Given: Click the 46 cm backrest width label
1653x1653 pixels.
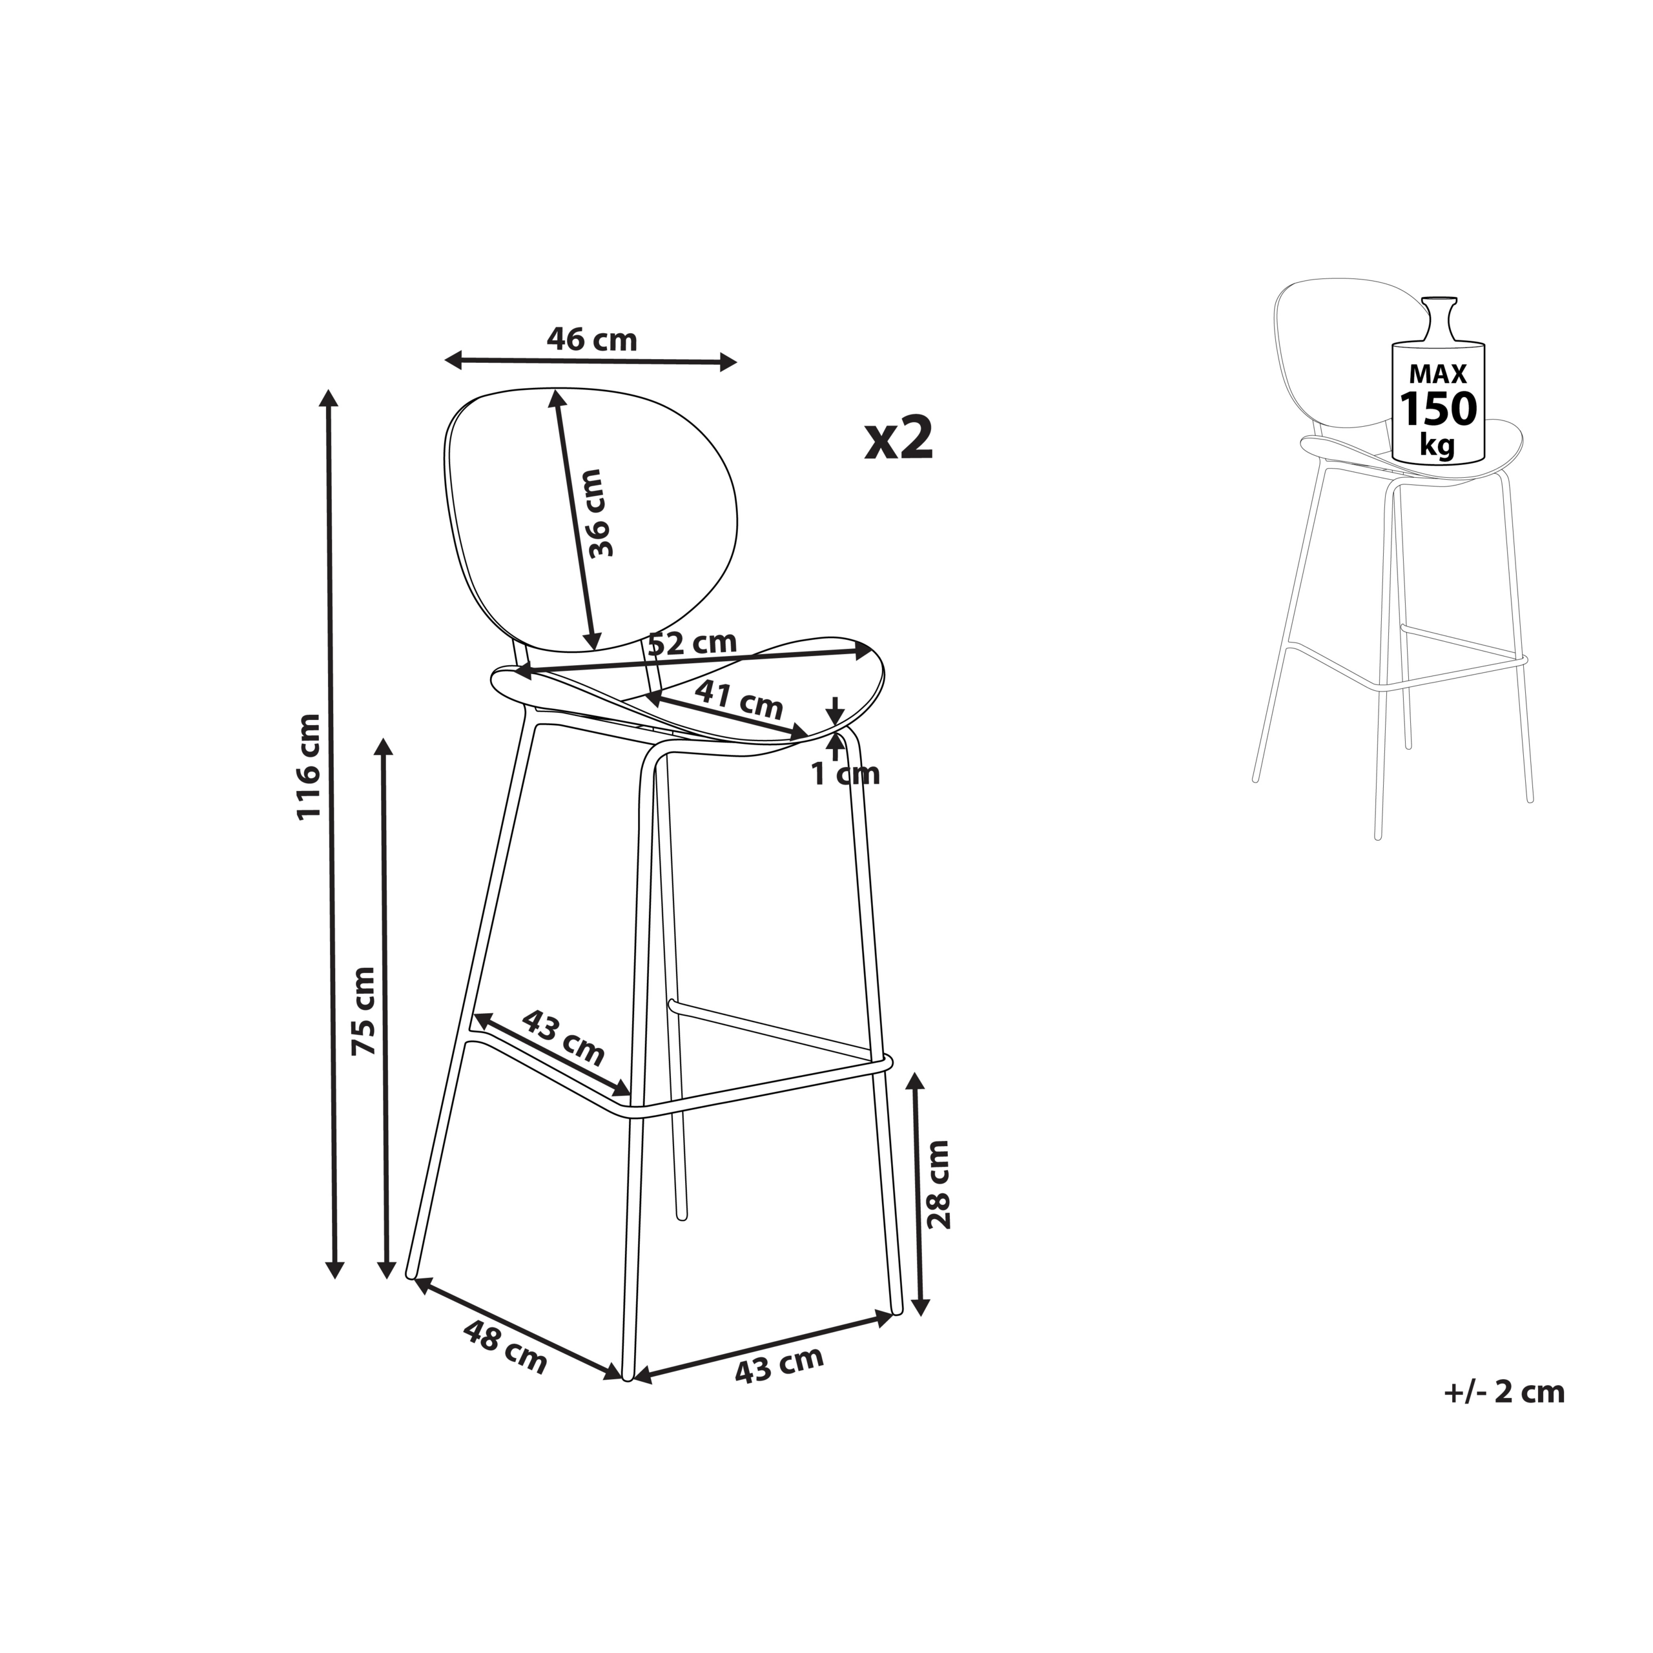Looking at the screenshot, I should pos(592,340).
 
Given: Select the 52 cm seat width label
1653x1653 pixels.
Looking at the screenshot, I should pos(692,642).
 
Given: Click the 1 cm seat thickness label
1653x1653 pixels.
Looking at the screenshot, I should pos(845,774).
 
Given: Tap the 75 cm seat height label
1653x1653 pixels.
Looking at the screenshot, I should pos(364,1011).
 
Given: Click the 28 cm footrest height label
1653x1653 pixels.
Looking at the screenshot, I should pos(939,1185).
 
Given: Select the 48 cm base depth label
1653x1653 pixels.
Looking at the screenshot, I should pos(505,1347).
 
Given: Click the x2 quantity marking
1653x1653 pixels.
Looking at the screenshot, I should pos(898,438).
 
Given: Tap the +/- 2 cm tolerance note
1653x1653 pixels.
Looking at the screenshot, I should pos(1504,1392).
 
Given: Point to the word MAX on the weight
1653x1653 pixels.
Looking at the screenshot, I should pos(1437,374).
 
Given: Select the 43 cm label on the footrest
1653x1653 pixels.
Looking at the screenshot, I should pos(563,1036).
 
